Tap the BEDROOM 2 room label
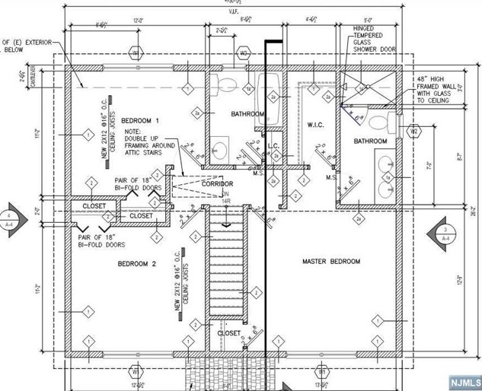pos(136,264)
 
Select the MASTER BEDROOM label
pos(331,262)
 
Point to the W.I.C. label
pos(317,123)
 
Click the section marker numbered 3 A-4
pos(445,234)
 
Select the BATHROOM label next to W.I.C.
pos(369,141)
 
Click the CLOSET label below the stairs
pos(230,333)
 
